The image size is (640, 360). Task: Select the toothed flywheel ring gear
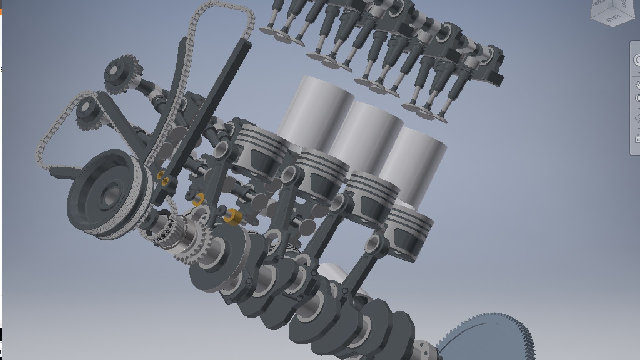coord(490,337)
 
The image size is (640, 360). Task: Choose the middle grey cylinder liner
coord(367,133)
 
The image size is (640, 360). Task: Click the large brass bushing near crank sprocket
coord(233,217)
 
